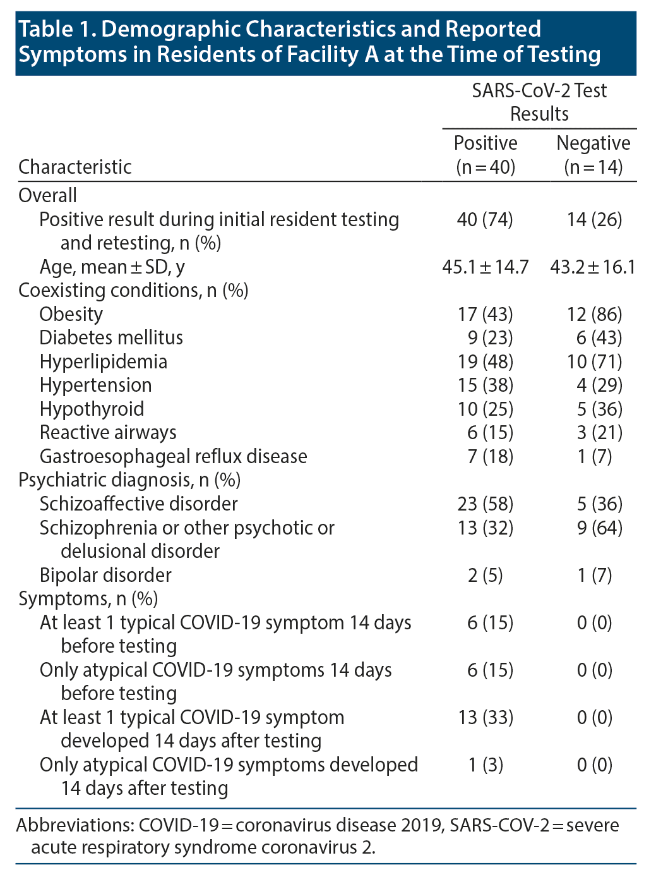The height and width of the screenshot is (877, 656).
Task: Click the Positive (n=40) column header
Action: point(485,155)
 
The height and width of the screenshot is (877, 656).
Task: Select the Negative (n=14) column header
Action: point(593,155)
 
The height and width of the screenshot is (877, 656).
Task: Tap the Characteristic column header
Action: point(75,167)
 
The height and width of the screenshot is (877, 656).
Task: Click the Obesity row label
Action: point(71,314)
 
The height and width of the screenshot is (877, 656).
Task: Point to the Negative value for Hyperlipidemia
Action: point(594,361)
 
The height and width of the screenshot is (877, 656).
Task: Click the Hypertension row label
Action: point(95,385)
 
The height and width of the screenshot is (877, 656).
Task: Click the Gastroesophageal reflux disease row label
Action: point(173,456)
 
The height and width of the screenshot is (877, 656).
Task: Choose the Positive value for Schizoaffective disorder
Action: point(485,504)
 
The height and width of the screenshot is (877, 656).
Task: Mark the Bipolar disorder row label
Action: point(105,575)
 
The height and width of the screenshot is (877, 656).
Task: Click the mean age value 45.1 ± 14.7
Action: point(485,267)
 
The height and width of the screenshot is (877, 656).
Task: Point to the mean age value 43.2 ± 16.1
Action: point(593,267)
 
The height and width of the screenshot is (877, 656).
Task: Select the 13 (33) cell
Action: point(485,717)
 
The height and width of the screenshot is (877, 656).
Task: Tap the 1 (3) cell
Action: point(485,765)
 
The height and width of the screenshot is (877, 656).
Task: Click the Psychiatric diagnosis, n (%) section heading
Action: point(129,480)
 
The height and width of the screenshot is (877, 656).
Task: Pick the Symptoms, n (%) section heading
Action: point(88,598)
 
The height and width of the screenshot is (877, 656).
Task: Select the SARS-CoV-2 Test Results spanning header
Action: point(539,102)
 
